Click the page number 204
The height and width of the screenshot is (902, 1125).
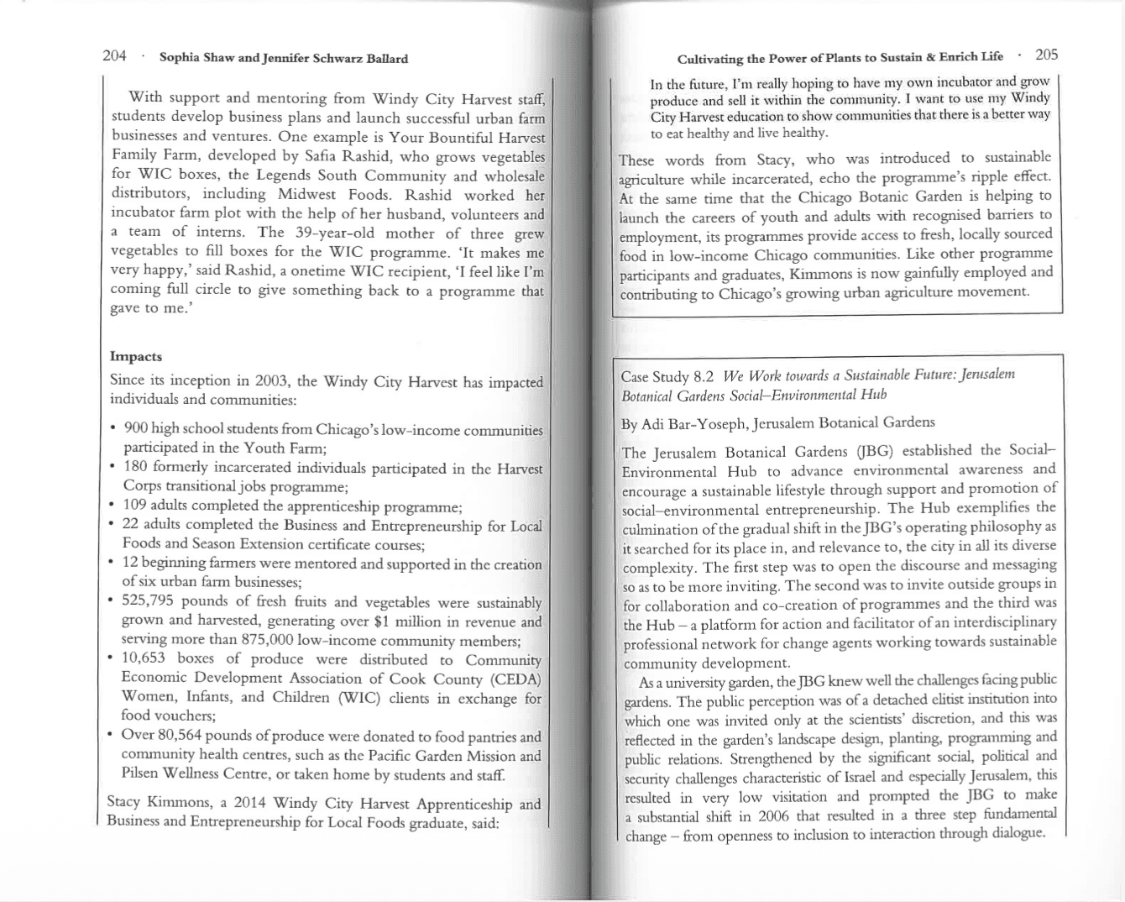click(114, 56)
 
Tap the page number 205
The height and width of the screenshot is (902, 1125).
click(1046, 55)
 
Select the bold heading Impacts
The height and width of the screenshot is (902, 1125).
click(136, 356)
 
